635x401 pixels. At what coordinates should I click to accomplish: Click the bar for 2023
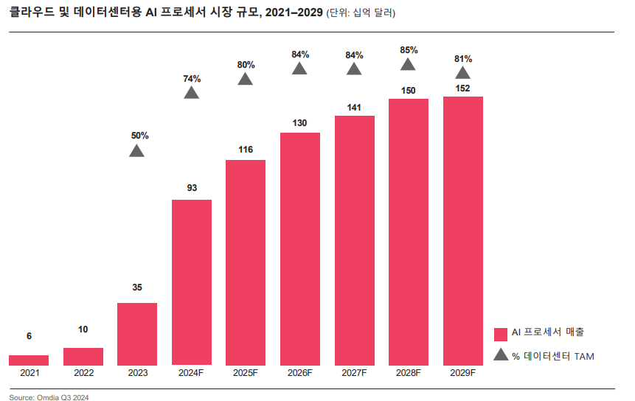[x=137, y=333]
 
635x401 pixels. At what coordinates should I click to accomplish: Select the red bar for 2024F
[x=192, y=282]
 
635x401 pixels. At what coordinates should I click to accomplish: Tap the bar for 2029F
[x=463, y=230]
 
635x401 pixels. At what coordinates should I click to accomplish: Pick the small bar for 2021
[x=29, y=360]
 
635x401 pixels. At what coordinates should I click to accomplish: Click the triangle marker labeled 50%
[x=137, y=151]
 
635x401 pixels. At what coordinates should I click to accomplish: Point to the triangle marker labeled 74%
[x=192, y=93]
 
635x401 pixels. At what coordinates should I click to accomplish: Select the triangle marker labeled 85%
[x=409, y=64]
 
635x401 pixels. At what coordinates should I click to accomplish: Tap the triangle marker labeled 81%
[x=463, y=72]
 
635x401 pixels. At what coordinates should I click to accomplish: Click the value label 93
[x=192, y=188]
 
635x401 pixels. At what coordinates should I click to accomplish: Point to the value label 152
[x=463, y=88]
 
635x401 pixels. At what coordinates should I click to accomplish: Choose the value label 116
[x=246, y=150]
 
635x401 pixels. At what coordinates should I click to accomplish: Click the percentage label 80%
[x=246, y=65]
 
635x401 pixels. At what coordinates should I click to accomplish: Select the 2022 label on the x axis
[x=83, y=374]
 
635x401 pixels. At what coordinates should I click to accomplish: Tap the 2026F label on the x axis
[x=300, y=374]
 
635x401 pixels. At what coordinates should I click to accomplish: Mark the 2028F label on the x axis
[x=409, y=374]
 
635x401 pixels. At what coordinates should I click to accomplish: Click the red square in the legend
[x=500, y=333]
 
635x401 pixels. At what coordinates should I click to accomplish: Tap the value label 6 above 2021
[x=29, y=336]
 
